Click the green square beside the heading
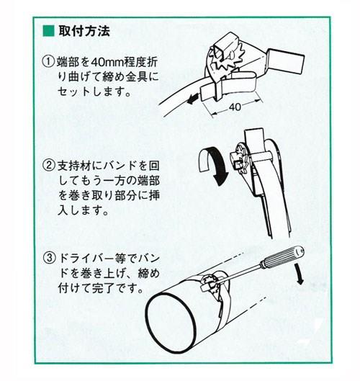48,31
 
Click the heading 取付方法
84,31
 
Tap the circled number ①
48,62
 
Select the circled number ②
49,166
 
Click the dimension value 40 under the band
235,107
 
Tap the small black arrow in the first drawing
193,99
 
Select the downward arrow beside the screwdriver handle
300,274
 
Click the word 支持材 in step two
74,166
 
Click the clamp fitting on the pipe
213,284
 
